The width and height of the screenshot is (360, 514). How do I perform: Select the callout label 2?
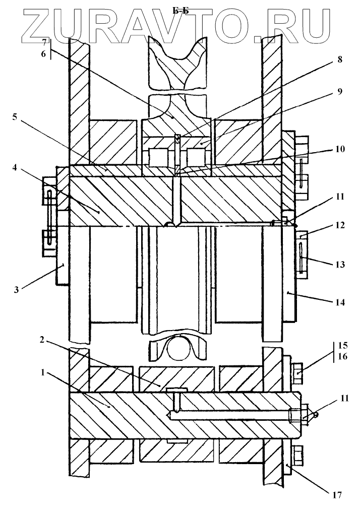[42, 340]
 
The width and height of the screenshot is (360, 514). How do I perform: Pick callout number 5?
[15, 117]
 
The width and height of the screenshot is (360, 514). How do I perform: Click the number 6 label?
[43, 54]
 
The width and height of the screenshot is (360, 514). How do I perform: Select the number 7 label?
[44, 43]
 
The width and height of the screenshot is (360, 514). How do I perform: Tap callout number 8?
[339, 59]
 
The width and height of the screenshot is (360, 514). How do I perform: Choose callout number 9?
[340, 91]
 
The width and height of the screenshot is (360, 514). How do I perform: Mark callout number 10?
[340, 149]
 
